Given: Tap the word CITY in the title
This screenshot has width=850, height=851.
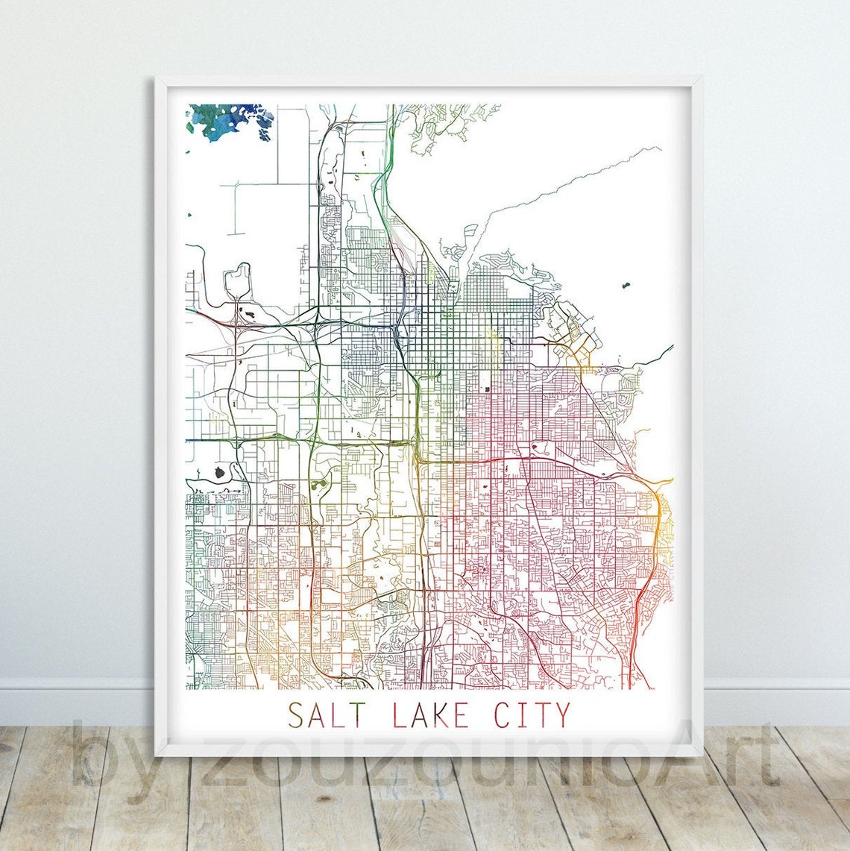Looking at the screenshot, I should [532, 715].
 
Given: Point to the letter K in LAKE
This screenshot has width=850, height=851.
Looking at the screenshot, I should [443, 715].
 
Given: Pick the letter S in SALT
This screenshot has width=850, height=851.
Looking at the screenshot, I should [296, 715].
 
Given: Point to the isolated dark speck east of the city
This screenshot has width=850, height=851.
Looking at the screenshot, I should [624, 286].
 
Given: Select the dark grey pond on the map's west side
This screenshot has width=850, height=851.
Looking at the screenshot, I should [220, 471].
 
